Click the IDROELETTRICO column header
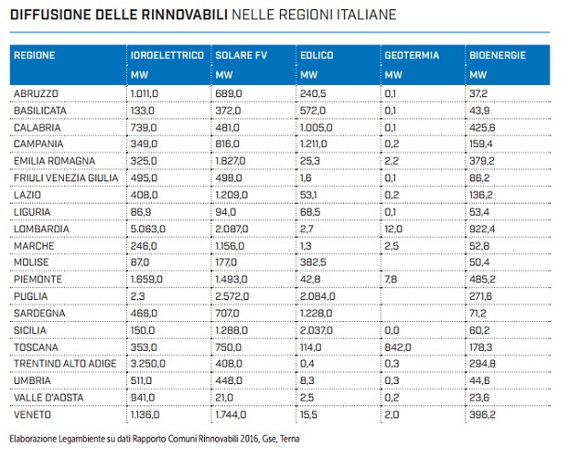(x=167, y=56)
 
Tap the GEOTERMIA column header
(x=412, y=56)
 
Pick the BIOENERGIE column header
(x=498, y=56)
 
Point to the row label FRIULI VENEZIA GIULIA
(x=64, y=178)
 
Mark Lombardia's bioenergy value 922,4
(x=482, y=228)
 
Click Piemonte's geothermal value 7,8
(x=390, y=279)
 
